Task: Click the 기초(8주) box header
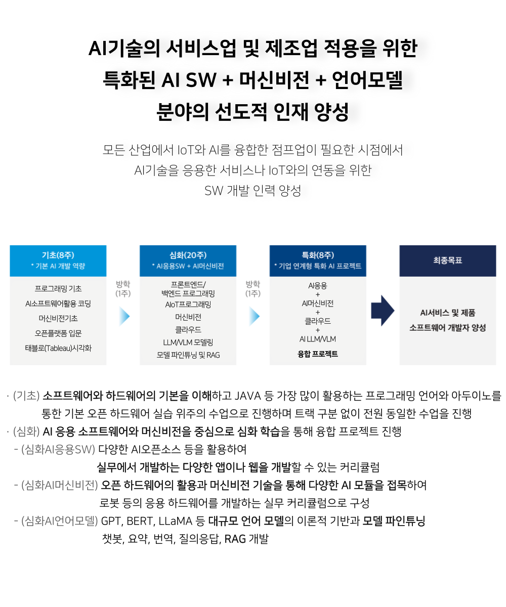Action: (58, 261)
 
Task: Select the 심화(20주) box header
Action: (188, 261)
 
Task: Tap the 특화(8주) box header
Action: (318, 261)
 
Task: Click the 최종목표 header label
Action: (447, 260)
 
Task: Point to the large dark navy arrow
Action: (383, 311)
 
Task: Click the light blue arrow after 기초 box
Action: (124, 316)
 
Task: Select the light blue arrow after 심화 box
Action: (255, 316)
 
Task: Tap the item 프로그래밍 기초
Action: (58, 289)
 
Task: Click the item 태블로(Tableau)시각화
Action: (58, 348)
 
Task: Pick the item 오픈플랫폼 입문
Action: (58, 333)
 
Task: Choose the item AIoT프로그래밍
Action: (188, 305)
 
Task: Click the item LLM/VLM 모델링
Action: (188, 342)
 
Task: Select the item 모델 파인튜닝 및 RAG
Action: (188, 355)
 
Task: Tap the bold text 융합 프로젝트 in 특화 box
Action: (318, 354)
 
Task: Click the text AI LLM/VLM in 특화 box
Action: (318, 339)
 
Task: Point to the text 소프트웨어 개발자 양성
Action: (447, 328)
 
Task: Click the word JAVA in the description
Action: (248, 396)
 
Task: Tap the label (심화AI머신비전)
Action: (60, 485)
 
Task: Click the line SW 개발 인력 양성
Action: (252, 191)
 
